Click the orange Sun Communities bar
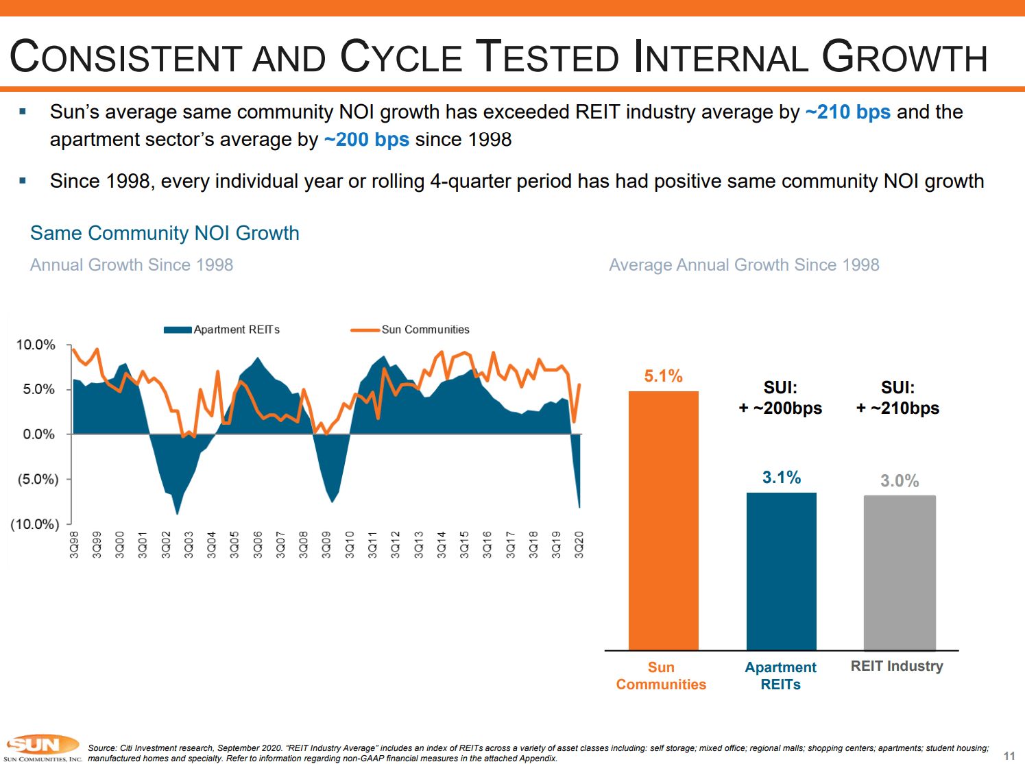pos(663,521)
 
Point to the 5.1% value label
pos(663,376)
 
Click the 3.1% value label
pos(782,478)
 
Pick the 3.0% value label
pos(900,481)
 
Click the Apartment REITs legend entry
pos(222,330)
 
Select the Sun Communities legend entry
pos(411,330)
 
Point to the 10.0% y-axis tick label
pos(36,345)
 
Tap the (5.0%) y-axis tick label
pos(38,479)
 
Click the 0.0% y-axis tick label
pos(38,434)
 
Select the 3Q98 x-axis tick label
pos(74,545)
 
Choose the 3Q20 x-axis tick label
pos(579,545)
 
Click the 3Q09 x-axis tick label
pos(326,545)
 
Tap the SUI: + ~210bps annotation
pos(897,398)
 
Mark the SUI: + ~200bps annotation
pos(780,398)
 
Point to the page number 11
pos(1009,756)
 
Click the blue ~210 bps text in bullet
pos(847,112)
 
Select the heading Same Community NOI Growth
pos(165,233)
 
